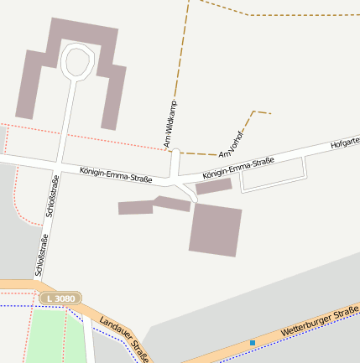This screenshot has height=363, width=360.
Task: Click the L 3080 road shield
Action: (61, 298)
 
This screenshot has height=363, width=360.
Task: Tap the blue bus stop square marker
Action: (253, 342)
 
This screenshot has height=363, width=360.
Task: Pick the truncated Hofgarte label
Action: (346, 144)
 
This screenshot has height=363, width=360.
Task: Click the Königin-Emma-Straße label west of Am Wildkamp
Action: (116, 174)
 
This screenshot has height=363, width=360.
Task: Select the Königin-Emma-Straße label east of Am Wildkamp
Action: (239, 167)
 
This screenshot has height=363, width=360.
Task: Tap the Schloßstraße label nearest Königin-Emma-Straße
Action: (52, 197)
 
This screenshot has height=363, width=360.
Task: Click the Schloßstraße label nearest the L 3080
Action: (41, 256)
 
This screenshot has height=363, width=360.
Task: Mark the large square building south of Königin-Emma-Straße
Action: (216, 229)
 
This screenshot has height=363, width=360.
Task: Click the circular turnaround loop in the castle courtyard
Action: (77, 61)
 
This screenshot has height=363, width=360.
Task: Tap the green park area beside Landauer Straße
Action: (55, 335)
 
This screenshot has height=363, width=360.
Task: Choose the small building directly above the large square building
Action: (213, 186)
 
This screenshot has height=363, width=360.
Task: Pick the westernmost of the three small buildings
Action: (135, 207)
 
